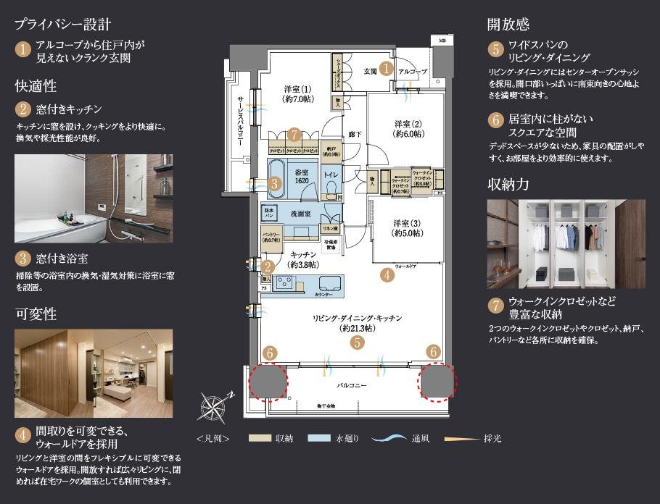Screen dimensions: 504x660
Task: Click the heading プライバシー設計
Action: pyautogui.click(x=62, y=23)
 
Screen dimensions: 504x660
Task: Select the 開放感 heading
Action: pyautogui.click(x=508, y=24)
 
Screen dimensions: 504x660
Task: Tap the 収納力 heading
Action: pyautogui.click(x=508, y=184)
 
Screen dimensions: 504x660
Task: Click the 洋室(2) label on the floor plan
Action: pyautogui.click(x=408, y=128)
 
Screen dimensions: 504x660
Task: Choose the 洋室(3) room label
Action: pyautogui.click(x=408, y=227)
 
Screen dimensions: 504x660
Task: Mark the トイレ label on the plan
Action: pyautogui.click(x=331, y=175)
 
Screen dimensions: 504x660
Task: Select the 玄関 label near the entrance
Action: pyautogui.click(x=368, y=70)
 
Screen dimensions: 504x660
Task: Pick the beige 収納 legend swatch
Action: pyautogui.click(x=259, y=439)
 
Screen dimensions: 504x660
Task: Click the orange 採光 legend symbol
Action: pyautogui.click(x=453, y=439)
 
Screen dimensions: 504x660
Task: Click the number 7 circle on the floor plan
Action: pyautogui.click(x=293, y=135)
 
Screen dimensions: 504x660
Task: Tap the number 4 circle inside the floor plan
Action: pyautogui.click(x=387, y=274)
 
